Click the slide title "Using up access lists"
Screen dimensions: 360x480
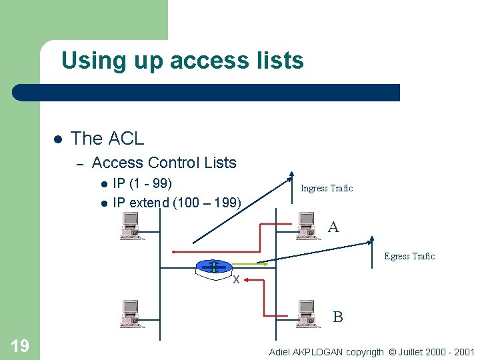click(182, 61)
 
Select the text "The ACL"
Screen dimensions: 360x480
click(107, 139)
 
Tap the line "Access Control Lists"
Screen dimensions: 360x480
click(164, 163)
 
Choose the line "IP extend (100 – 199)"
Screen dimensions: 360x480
click(177, 203)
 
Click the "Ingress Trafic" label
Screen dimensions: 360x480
click(327, 189)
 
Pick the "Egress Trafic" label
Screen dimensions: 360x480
click(409, 257)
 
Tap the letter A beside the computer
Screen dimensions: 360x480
click(333, 227)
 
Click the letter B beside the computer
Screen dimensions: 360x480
click(338, 317)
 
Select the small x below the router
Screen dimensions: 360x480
click(235, 279)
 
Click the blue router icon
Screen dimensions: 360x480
click(213, 267)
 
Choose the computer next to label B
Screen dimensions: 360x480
click(306, 314)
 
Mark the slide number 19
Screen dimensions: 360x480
click(20, 345)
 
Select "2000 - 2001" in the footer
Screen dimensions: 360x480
click(450, 351)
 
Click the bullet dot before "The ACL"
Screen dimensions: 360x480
click(57, 139)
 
